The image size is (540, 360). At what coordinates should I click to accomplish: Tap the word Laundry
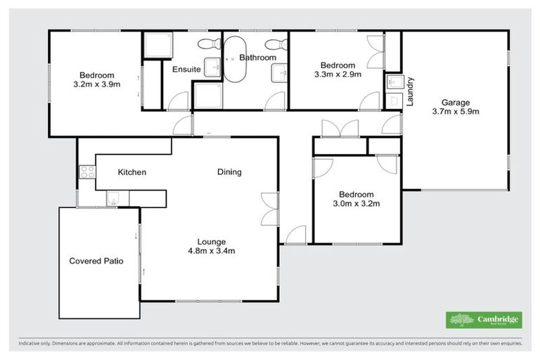tap(410, 91)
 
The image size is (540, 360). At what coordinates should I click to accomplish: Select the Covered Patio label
tap(96, 261)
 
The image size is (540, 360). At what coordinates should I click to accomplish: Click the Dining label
tap(229, 172)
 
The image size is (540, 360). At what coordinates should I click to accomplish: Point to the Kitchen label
tap(131, 172)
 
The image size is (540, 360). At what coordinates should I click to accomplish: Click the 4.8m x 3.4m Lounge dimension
tap(211, 251)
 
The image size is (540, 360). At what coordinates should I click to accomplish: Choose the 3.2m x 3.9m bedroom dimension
tap(96, 84)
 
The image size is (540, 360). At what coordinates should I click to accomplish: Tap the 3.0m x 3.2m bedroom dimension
tap(356, 205)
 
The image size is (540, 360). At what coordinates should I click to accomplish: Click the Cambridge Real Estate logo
tap(484, 320)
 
